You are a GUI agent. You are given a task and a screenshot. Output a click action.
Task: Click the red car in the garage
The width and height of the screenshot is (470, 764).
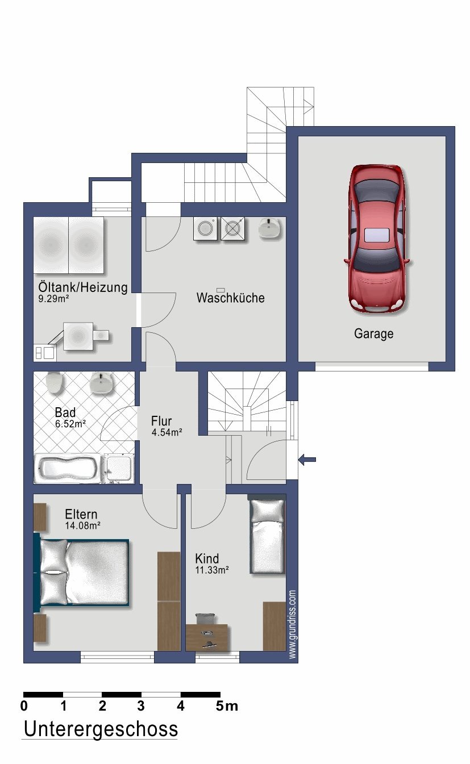[x=377, y=239]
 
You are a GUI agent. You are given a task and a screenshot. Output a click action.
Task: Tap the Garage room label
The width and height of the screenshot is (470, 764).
[x=374, y=333]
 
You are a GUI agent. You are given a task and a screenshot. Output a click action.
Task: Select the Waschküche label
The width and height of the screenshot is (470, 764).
[x=230, y=298]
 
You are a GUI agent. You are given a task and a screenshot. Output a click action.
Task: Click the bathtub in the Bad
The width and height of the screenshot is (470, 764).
[x=68, y=468]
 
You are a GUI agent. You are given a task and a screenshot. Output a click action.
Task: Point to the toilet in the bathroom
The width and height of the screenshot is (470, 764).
[x=55, y=382]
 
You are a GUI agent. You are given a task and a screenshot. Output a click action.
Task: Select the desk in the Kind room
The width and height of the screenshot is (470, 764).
[x=207, y=637]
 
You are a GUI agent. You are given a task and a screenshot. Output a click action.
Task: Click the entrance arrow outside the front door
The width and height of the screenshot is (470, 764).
[x=307, y=460]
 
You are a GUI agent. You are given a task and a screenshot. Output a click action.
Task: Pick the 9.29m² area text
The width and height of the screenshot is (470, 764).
[x=53, y=299]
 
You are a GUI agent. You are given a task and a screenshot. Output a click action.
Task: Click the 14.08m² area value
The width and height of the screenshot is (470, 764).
[x=82, y=525]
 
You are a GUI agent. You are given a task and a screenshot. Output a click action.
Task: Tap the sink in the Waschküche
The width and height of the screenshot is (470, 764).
[x=269, y=228]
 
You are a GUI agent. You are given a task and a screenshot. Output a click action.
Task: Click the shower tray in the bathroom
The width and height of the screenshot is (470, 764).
[x=118, y=468]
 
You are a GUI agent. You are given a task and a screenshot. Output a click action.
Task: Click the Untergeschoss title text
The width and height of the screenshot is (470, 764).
[x=101, y=729]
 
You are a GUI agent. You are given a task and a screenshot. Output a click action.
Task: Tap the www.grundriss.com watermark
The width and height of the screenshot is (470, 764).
[x=292, y=624]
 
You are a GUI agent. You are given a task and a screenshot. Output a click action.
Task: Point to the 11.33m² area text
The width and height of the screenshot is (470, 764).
[x=212, y=570]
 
